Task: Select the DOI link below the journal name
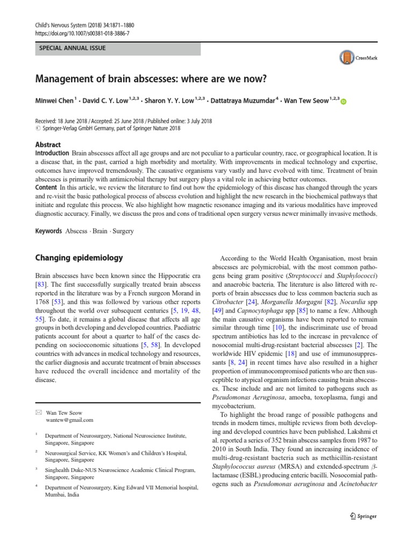tap(83, 33)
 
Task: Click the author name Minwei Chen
tap(56, 101)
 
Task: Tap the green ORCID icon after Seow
tap(344, 102)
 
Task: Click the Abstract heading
tap(48, 145)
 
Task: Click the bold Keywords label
tap(48, 231)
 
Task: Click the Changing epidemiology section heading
tap(79, 258)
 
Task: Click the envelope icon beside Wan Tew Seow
tap(37, 412)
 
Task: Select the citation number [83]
tap(41, 284)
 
